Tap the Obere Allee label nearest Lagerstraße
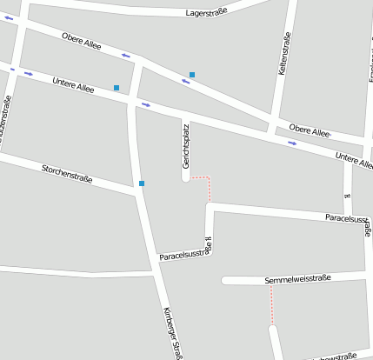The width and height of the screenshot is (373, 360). point(82,39)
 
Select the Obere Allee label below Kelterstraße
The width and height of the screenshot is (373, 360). point(310,131)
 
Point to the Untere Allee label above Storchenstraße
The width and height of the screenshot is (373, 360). point(73,84)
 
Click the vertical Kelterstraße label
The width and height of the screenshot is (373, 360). point(283,54)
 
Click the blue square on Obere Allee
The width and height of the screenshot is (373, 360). point(192,75)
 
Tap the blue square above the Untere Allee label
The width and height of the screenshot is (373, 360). point(117,88)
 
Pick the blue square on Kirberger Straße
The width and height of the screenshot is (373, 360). point(141,183)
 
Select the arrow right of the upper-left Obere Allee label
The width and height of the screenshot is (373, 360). point(127,57)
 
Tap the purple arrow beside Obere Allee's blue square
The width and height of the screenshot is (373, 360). point(184,82)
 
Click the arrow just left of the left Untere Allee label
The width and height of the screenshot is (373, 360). point(29,74)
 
